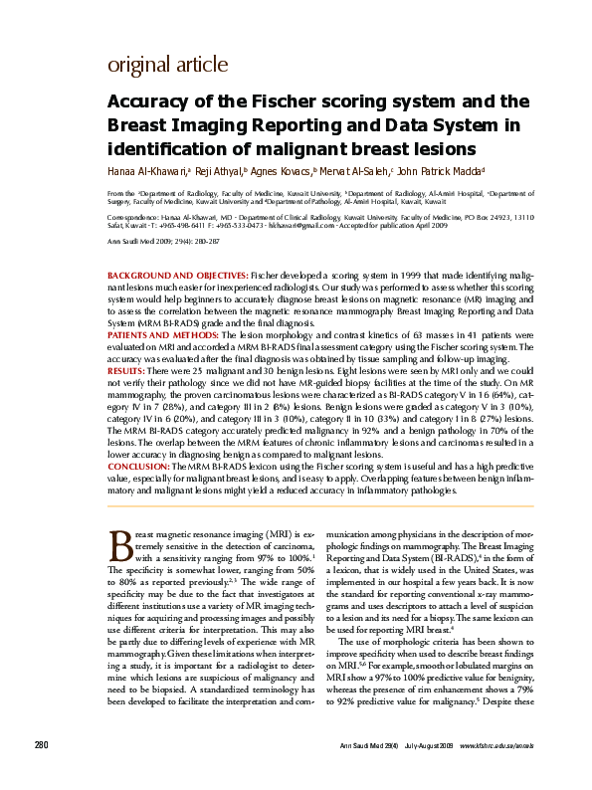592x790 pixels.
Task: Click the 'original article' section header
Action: click(167, 66)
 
